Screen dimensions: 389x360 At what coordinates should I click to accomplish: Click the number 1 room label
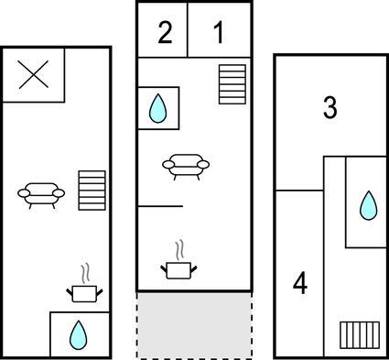[x=219, y=32]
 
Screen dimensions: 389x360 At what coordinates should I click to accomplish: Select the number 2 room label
[x=165, y=32]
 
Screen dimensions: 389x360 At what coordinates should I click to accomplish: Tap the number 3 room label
[x=330, y=107]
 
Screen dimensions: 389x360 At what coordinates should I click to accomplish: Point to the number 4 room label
[x=300, y=284]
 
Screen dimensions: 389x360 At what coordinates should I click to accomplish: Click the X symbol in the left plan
[x=34, y=74]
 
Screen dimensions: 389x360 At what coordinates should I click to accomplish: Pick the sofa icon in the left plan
[x=41, y=195]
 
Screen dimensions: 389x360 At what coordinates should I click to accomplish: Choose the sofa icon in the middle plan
[x=186, y=167]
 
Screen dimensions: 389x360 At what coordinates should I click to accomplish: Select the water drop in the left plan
[x=79, y=335]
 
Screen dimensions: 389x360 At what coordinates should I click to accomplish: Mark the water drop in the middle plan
[x=157, y=108]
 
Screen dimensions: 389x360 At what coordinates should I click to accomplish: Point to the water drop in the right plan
[x=369, y=205]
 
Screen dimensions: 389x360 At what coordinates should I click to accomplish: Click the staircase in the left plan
[x=92, y=191]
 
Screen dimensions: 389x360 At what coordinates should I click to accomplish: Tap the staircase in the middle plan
[x=232, y=84]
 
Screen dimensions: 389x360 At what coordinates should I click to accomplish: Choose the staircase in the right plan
[x=360, y=335]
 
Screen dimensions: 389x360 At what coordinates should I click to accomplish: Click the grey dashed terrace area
[x=194, y=325]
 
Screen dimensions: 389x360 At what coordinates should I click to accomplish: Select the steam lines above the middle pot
[x=180, y=250]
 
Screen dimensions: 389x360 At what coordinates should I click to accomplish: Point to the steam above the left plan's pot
[x=85, y=273]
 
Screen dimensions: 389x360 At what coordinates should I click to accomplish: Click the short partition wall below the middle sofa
[x=160, y=206]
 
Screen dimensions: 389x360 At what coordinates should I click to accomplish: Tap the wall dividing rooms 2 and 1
[x=188, y=30]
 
